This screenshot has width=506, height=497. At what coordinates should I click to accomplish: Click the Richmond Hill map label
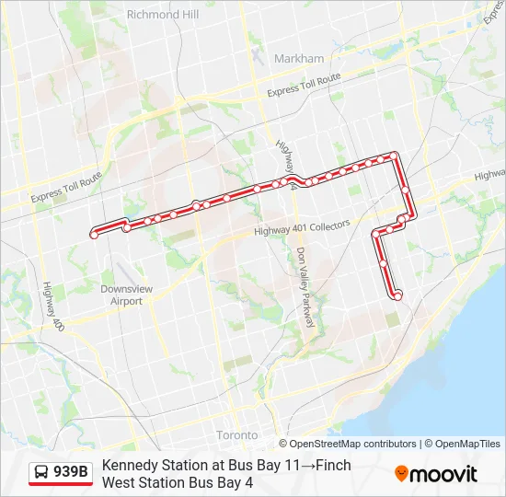click(163, 15)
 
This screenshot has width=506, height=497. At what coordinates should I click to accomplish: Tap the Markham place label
click(299, 58)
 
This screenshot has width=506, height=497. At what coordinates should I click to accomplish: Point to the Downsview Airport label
click(121, 295)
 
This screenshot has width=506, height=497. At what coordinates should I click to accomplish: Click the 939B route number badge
click(71, 472)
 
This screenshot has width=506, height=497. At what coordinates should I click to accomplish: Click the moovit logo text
click(443, 474)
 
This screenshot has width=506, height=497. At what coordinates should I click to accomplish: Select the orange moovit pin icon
click(402, 474)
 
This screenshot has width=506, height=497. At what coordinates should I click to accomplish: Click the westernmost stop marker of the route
click(94, 236)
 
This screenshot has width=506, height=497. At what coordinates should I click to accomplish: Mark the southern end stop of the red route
click(398, 295)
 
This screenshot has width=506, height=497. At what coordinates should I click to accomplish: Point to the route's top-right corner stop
click(396, 156)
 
